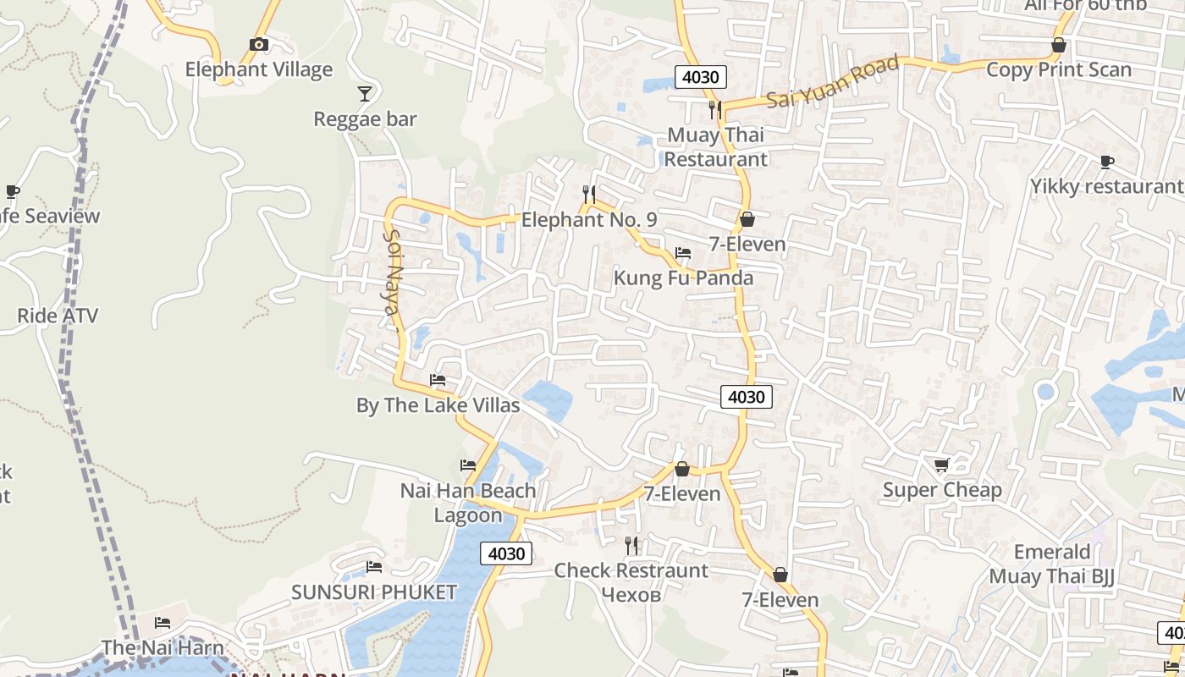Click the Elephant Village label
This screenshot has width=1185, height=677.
pyautogui.click(x=259, y=69)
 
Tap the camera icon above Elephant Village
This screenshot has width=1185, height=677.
pyautogui.click(x=259, y=44)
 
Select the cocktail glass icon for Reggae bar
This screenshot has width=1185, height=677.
pyautogui.click(x=365, y=93)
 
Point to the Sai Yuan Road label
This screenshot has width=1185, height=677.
pyautogui.click(x=833, y=82)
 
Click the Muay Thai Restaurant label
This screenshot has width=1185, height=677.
pyautogui.click(x=715, y=146)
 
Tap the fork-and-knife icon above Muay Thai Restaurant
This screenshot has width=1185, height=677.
pyautogui.click(x=715, y=109)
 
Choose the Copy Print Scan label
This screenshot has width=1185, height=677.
pyautogui.click(x=1058, y=69)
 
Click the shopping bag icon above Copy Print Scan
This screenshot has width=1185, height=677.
pyautogui.click(x=1058, y=45)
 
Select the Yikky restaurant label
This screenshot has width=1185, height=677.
pyautogui.click(x=1106, y=186)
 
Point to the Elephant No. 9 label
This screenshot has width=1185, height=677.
pyautogui.click(x=589, y=220)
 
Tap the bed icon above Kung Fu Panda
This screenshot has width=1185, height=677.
pyautogui.click(x=683, y=252)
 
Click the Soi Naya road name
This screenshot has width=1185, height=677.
pyautogui.click(x=391, y=272)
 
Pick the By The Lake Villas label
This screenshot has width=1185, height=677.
pyautogui.click(x=438, y=405)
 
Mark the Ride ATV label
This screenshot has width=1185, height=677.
pyautogui.click(x=58, y=316)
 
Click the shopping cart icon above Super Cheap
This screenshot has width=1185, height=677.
pyautogui.click(x=941, y=465)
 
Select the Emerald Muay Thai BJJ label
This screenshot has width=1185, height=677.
pyautogui.click(x=1052, y=564)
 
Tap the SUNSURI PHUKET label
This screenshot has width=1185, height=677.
pyautogui.click(x=374, y=592)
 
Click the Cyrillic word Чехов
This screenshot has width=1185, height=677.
pyautogui.click(x=631, y=595)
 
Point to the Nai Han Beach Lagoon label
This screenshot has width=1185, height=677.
pyautogui.click(x=468, y=503)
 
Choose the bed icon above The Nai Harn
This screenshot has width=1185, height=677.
pyautogui.click(x=163, y=623)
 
